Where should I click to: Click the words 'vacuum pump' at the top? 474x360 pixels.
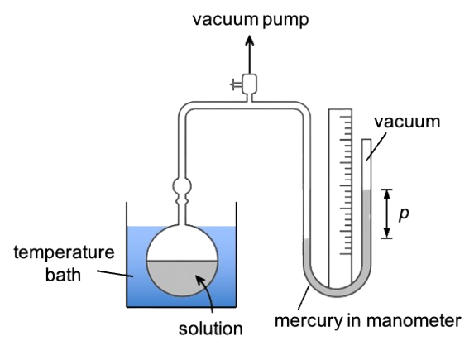pyautogui.click(x=251, y=20)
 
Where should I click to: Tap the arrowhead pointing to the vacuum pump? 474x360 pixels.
pyautogui.click(x=249, y=41)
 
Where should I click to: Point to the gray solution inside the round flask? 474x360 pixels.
pyautogui.click(x=182, y=276)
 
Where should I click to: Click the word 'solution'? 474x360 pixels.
pyautogui.click(x=210, y=329)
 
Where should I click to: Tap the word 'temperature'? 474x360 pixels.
pyautogui.click(x=64, y=253)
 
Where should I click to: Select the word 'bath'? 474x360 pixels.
pyautogui.click(x=63, y=275)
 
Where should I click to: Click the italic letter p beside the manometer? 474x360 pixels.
pyautogui.click(x=404, y=214)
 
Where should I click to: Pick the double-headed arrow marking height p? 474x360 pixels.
pyautogui.click(x=386, y=214)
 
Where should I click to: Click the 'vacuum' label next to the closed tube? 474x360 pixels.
pyautogui.click(x=407, y=122)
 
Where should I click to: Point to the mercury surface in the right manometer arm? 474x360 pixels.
pyautogui.click(x=366, y=190)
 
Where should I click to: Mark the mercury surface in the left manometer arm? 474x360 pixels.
pyautogui.click(x=306, y=239)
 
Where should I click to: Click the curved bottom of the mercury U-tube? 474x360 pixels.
pyautogui.click(x=337, y=290)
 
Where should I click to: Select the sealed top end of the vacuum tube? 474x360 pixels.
pyautogui.click(x=366, y=140)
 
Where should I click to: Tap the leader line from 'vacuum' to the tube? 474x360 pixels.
pyautogui.click(x=376, y=146)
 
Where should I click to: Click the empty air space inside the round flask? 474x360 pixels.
pyautogui.click(x=182, y=243)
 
